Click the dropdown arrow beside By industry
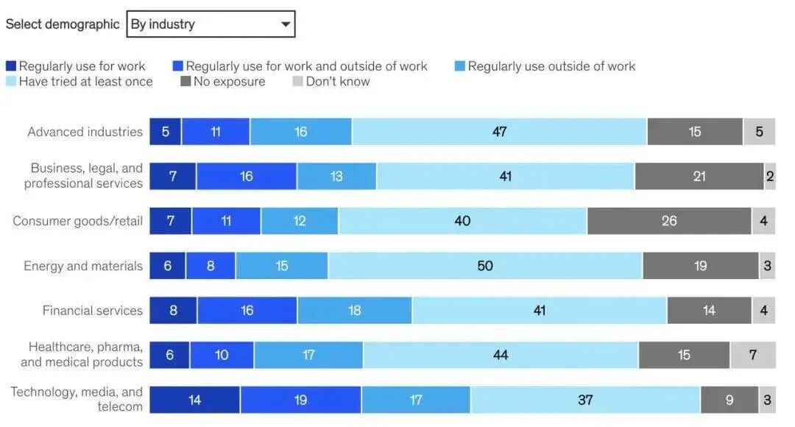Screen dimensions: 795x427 click(286, 24)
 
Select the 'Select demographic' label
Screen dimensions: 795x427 click(63, 24)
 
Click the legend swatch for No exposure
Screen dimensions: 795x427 click(185, 81)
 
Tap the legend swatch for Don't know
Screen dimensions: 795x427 click(297, 81)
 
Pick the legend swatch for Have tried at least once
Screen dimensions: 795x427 click(11, 81)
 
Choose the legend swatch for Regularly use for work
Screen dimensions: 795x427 click(11, 66)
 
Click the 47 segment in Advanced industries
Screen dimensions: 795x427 click(499, 132)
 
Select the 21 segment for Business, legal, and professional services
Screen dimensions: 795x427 click(699, 177)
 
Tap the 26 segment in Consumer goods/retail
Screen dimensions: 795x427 click(669, 221)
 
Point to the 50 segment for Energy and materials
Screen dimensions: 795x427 click(485, 266)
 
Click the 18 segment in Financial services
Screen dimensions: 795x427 click(354, 311)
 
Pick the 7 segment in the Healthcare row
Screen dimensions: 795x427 click(753, 355)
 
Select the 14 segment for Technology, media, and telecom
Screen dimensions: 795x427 click(194, 400)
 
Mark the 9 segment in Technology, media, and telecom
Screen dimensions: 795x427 click(729, 400)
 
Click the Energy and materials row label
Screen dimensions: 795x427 click(83, 266)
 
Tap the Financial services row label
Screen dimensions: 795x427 click(92, 311)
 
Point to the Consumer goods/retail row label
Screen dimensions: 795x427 click(77, 221)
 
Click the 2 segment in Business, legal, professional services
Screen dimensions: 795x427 click(770, 177)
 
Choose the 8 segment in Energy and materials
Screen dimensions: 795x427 click(211, 266)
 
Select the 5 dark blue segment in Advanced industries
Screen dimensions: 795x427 click(166, 132)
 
